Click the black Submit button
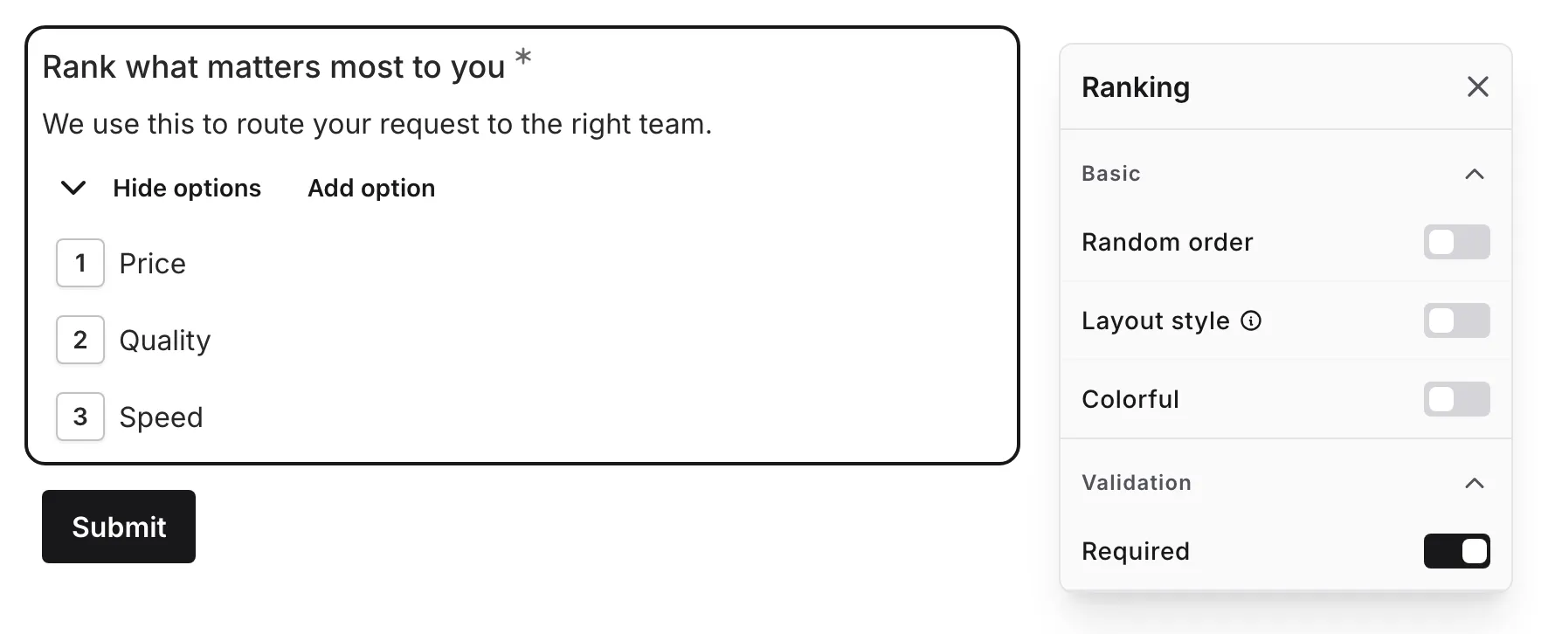coord(119,527)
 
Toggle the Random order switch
coord(1456,242)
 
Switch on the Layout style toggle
coord(1456,320)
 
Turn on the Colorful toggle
coord(1456,399)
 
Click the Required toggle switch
coord(1456,551)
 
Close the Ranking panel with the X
coord(1477,86)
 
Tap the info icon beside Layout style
coord(1251,321)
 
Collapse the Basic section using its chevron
coord(1474,174)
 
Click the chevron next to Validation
coord(1474,483)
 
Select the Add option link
coord(371,188)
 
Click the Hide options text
coord(187,188)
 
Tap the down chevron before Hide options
coord(73,188)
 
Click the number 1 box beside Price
coord(80,263)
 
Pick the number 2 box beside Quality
coord(80,340)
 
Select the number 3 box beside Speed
coord(80,417)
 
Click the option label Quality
coord(165,341)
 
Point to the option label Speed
coord(161,417)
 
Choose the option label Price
coord(153,264)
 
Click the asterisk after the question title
coord(522,58)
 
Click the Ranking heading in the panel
coord(1136,87)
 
